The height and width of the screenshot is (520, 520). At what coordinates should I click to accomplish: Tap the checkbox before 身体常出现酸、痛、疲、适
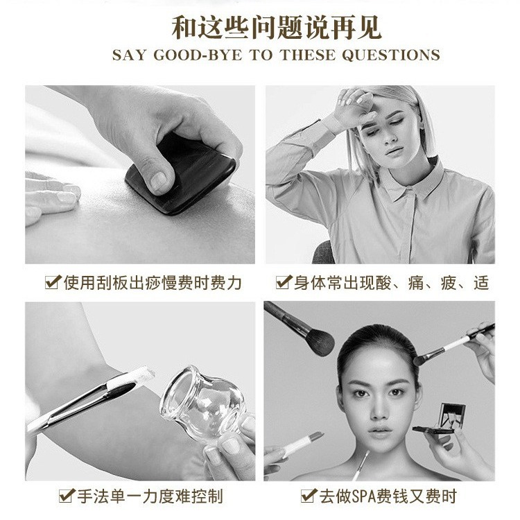pyautogui.click(x=283, y=282)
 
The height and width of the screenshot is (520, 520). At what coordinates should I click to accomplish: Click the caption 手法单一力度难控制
pyautogui.click(x=151, y=496)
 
